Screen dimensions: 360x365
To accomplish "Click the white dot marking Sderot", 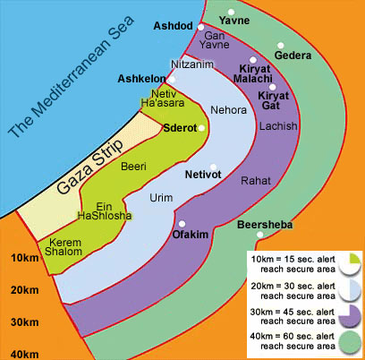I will click(202, 128).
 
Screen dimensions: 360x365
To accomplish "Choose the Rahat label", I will click(256, 181).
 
